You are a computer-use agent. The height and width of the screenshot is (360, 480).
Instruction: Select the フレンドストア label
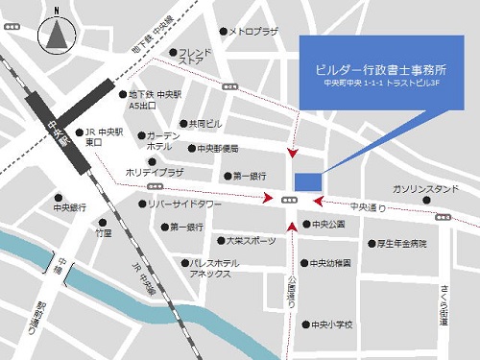pyautogui.click(x=195, y=57)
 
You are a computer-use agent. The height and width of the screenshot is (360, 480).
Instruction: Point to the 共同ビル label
pyautogui.click(x=205, y=124)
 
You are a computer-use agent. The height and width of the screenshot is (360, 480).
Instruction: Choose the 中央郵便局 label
pyautogui.click(x=218, y=149)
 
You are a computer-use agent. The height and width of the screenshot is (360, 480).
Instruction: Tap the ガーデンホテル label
pyautogui.click(x=165, y=141)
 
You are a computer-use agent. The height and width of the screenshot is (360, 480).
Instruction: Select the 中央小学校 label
pyautogui.click(x=332, y=324)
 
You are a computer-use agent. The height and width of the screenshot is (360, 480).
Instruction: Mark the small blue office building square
pyautogui.click(x=307, y=181)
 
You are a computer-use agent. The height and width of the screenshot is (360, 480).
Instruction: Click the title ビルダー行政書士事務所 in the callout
pyautogui.click(x=381, y=71)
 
